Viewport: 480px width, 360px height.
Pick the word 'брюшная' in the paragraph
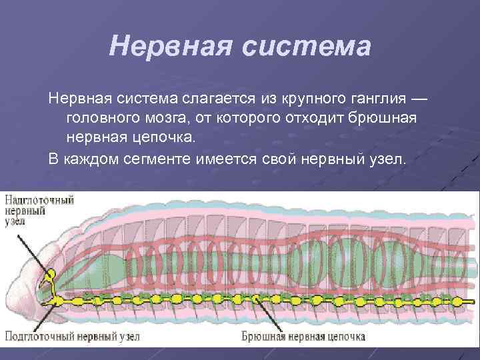point(389,119)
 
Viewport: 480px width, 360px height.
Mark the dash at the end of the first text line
point(417,99)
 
